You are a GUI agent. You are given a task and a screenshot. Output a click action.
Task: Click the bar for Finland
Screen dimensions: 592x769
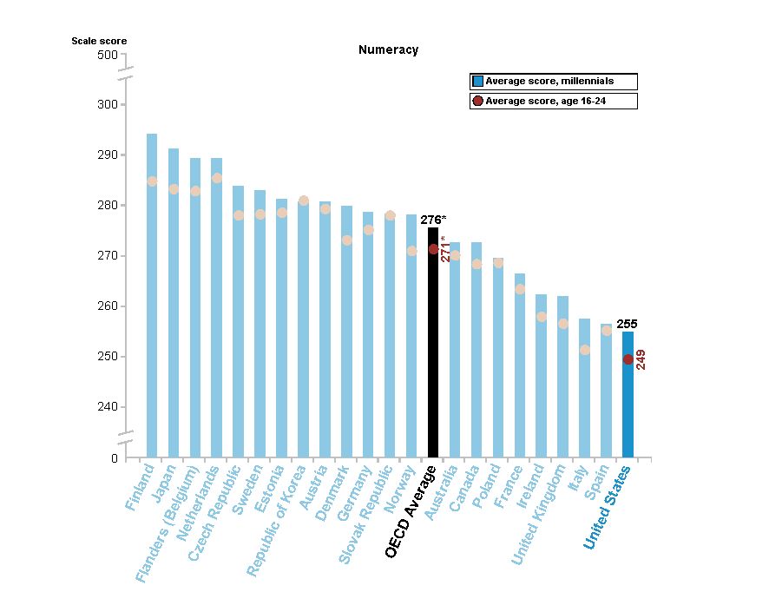coord(152,295)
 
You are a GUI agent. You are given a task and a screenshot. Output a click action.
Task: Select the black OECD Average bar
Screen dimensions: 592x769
coord(433,347)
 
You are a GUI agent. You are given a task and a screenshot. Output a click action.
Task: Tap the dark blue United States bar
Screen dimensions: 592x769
coord(628,399)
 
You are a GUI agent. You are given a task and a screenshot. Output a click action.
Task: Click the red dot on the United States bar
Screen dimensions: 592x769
coord(628,359)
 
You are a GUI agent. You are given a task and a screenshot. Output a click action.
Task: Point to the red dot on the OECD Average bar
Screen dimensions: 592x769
coord(433,249)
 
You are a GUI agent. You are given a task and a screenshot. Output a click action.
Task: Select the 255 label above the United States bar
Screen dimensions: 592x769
coord(627,324)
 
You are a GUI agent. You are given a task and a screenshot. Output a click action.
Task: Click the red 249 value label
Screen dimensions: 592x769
coord(641,359)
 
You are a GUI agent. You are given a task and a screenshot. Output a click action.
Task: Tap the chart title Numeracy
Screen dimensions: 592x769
coord(388,49)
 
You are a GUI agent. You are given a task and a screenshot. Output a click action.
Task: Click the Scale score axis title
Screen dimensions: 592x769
coord(99,41)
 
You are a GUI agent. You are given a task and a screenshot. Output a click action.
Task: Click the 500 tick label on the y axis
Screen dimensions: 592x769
coord(107,55)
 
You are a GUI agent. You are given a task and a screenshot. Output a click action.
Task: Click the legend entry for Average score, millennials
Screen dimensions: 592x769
coord(554,81)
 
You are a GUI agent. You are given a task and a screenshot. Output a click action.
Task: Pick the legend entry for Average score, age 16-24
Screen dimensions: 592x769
coord(554,101)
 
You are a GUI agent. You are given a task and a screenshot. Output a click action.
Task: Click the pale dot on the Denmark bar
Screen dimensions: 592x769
coord(346,240)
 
